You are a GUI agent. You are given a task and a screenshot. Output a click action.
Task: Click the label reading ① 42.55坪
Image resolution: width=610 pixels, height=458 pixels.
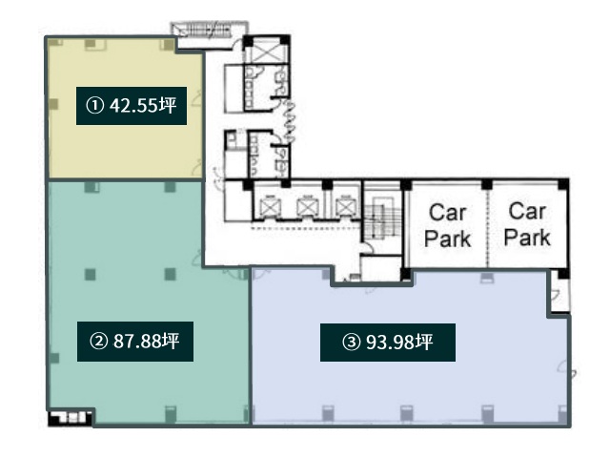(x=132, y=106)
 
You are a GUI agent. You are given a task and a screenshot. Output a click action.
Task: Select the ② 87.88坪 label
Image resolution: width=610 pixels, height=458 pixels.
(x=135, y=342)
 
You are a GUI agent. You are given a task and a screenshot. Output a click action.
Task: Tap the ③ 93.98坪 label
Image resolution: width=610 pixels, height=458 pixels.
(x=388, y=343)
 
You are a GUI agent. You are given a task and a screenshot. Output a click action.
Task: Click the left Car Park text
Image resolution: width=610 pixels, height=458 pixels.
(x=447, y=226)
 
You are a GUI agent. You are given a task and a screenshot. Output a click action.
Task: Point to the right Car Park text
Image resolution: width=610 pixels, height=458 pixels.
(x=527, y=224)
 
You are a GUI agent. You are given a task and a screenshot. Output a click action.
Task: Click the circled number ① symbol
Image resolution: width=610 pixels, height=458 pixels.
(x=94, y=106)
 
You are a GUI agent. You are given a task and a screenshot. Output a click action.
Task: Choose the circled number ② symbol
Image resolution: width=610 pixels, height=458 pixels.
(x=98, y=342)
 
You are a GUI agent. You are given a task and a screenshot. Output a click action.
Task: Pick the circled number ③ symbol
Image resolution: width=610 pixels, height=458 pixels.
(x=352, y=343)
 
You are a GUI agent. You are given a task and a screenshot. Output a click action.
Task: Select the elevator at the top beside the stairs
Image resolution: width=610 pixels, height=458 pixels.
(x=266, y=50)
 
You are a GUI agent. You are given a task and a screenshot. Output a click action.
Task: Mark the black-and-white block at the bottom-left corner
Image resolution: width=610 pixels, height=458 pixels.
(x=70, y=418)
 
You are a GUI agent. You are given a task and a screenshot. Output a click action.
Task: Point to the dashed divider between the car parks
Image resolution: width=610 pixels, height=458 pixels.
(x=487, y=226)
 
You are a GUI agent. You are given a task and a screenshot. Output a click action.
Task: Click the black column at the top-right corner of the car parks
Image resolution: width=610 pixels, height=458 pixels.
(x=563, y=184)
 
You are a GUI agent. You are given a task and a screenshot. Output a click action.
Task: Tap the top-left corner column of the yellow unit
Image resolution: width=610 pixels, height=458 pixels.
(x=53, y=41)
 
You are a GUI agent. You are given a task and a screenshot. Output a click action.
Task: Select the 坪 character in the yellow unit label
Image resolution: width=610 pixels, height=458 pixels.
(x=169, y=106)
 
